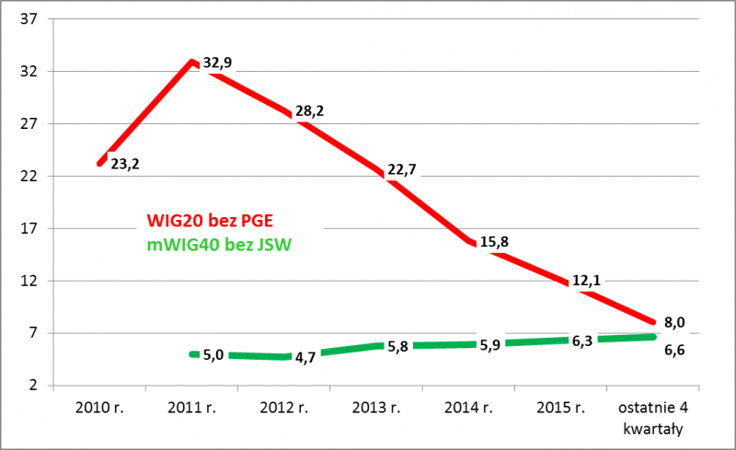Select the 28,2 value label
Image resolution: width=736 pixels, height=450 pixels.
click(x=309, y=111)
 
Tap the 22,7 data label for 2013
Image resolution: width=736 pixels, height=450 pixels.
click(x=402, y=168)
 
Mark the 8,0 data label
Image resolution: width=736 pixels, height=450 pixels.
click(x=674, y=322)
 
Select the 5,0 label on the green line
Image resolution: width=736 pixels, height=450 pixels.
click(x=213, y=354)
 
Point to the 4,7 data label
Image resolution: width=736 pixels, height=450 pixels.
click(x=305, y=357)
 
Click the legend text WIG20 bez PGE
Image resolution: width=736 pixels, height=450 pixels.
click(x=210, y=222)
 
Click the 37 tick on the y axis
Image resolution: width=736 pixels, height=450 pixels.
click(x=28, y=19)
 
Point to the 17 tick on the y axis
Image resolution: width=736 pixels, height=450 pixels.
click(x=28, y=228)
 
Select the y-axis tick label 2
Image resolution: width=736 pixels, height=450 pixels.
click(x=32, y=386)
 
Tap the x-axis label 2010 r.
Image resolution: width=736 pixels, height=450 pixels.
click(x=99, y=407)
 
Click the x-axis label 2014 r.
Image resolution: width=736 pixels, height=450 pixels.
click(x=467, y=407)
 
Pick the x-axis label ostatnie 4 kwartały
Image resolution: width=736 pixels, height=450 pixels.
click(x=651, y=416)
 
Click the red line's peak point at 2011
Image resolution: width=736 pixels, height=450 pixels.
click(x=191, y=63)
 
